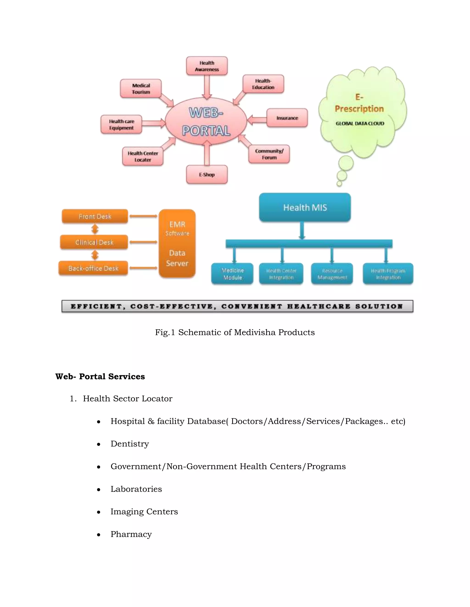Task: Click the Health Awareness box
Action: coord(207,66)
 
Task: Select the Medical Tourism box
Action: coord(141,89)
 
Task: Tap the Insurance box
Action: coord(287,118)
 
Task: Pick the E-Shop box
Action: coord(207,175)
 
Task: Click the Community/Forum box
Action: coord(269,154)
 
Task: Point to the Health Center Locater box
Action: coord(143,156)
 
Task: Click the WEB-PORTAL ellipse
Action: coord(206,121)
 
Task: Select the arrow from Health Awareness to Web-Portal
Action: coord(207,87)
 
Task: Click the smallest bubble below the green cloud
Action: coord(339,183)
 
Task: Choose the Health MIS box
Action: coord(305,207)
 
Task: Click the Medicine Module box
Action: coord(232,274)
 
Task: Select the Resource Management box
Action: coord(332,274)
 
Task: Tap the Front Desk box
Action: coord(95,216)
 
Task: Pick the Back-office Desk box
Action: coord(93,268)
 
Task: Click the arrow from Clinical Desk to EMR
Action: coord(143,242)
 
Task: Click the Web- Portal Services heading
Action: coord(100,376)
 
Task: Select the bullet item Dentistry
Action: coord(129,444)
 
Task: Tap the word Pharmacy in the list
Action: coord(131,534)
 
